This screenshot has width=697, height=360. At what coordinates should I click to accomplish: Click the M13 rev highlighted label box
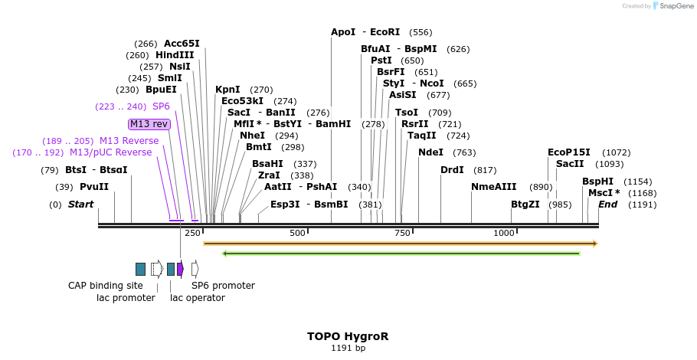point(149,124)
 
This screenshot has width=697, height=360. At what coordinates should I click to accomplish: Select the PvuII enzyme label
point(94,187)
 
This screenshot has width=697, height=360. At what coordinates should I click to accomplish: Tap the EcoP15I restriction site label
point(569,152)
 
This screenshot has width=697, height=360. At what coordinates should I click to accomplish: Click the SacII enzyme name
point(570,164)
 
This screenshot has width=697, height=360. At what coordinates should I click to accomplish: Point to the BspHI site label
point(597,182)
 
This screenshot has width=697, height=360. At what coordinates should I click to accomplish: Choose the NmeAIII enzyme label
point(494,187)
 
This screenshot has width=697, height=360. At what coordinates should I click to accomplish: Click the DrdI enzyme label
point(452,170)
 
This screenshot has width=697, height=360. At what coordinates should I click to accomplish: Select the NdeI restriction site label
point(430,152)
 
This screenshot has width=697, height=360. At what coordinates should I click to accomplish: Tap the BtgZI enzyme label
point(525,205)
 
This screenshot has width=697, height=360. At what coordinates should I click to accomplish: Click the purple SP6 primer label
point(161,106)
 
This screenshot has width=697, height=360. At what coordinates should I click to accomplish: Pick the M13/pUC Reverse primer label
point(111,152)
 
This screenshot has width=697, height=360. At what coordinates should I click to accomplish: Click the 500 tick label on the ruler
point(297,233)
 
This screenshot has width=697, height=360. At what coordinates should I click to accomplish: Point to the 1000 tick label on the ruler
point(503,233)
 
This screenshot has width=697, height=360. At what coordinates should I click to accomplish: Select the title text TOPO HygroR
point(348,336)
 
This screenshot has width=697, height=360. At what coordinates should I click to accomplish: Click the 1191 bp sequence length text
point(348,349)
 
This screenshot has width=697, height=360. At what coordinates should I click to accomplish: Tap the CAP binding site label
point(106,286)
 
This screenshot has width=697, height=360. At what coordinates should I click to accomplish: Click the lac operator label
point(198,297)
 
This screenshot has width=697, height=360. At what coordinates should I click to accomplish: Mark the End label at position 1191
point(607,205)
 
